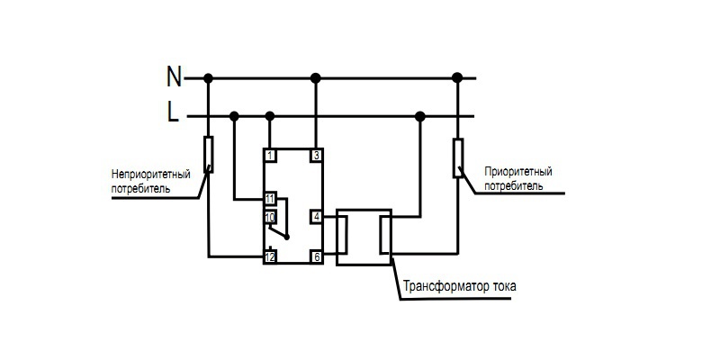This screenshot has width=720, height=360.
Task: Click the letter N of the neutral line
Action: click(175, 77)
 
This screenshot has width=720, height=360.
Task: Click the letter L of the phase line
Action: click(173, 112)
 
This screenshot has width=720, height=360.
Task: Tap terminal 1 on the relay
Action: click(269, 156)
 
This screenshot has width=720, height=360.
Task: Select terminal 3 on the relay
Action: click(316, 156)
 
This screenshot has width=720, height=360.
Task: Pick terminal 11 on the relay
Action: click(269, 198)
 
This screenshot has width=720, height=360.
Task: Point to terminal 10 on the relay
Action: click(269, 217)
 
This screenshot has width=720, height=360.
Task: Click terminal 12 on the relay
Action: click(269, 257)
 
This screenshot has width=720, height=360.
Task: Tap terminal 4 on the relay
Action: click(316, 217)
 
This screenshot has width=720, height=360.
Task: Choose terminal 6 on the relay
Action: click(316, 257)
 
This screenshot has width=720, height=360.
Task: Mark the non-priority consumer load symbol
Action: click(209, 154)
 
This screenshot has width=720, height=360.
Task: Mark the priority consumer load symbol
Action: click(457, 157)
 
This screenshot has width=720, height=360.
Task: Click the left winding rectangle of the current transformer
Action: click(343, 236)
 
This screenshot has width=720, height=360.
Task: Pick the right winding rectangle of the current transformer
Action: click(384, 236)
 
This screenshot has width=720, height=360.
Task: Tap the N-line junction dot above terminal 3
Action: click(315, 78)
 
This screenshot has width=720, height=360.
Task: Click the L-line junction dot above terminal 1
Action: click(269, 115)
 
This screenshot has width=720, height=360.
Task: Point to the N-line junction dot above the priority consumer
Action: click(457, 78)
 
